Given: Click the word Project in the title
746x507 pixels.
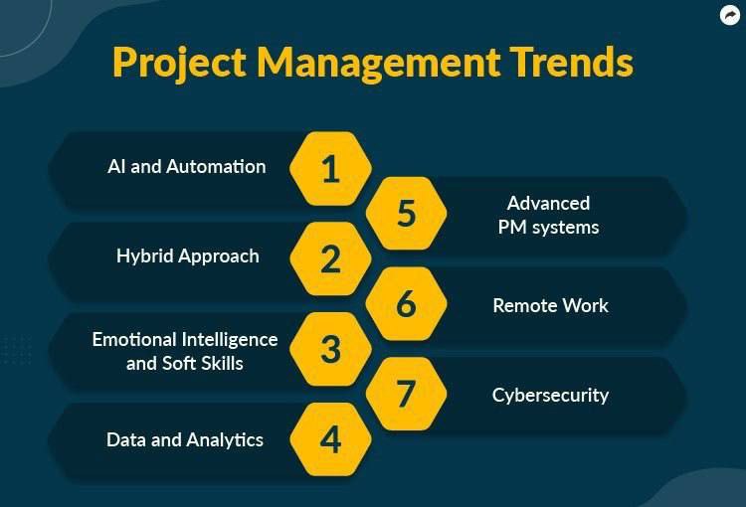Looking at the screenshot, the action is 179,64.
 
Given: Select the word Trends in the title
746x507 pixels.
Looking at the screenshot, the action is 571,62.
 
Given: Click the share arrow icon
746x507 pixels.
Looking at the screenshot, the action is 730,15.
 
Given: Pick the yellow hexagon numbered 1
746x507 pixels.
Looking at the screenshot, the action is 330,169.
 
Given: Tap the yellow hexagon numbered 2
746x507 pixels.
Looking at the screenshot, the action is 330,258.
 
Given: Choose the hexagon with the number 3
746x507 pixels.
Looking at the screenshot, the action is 330,349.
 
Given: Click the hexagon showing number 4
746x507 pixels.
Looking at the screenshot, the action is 330,439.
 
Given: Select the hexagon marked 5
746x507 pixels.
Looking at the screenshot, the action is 406,213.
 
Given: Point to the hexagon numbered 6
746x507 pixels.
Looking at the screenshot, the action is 406,303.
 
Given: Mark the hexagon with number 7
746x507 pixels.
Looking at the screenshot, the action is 406,394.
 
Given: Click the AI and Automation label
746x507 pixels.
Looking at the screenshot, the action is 187,166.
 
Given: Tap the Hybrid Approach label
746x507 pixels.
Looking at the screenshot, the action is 188,256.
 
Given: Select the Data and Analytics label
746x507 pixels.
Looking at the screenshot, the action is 185,440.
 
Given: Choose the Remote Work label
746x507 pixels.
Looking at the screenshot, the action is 550,306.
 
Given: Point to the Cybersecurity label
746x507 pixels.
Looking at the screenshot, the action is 550,396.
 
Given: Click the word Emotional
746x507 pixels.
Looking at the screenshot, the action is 134,340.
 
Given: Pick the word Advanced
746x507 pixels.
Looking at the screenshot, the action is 548,203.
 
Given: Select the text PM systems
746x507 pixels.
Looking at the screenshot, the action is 548,228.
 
